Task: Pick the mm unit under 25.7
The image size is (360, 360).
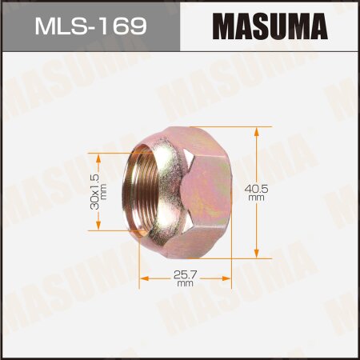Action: click(x=185, y=283)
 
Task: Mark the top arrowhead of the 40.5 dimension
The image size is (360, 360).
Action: click(x=257, y=133)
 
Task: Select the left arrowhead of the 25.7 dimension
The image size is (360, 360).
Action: click(x=143, y=279)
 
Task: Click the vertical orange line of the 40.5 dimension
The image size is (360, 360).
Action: click(x=257, y=160)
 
